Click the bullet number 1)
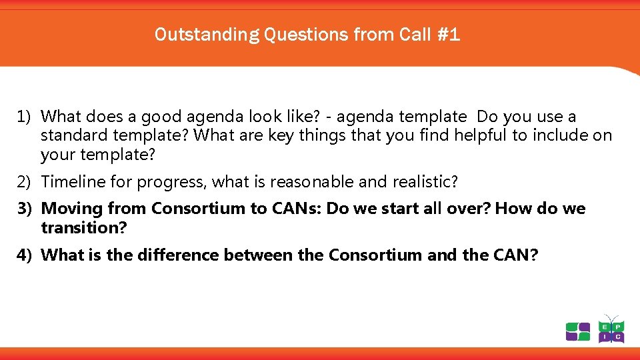coord(25,117)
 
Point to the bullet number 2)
coord(25,181)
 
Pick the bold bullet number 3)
coord(25,209)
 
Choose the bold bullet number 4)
coord(25,255)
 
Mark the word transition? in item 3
coord(84,228)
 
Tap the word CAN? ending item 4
coord(513,255)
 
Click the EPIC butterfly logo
coord(611,330)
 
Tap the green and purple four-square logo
coord(577,331)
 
